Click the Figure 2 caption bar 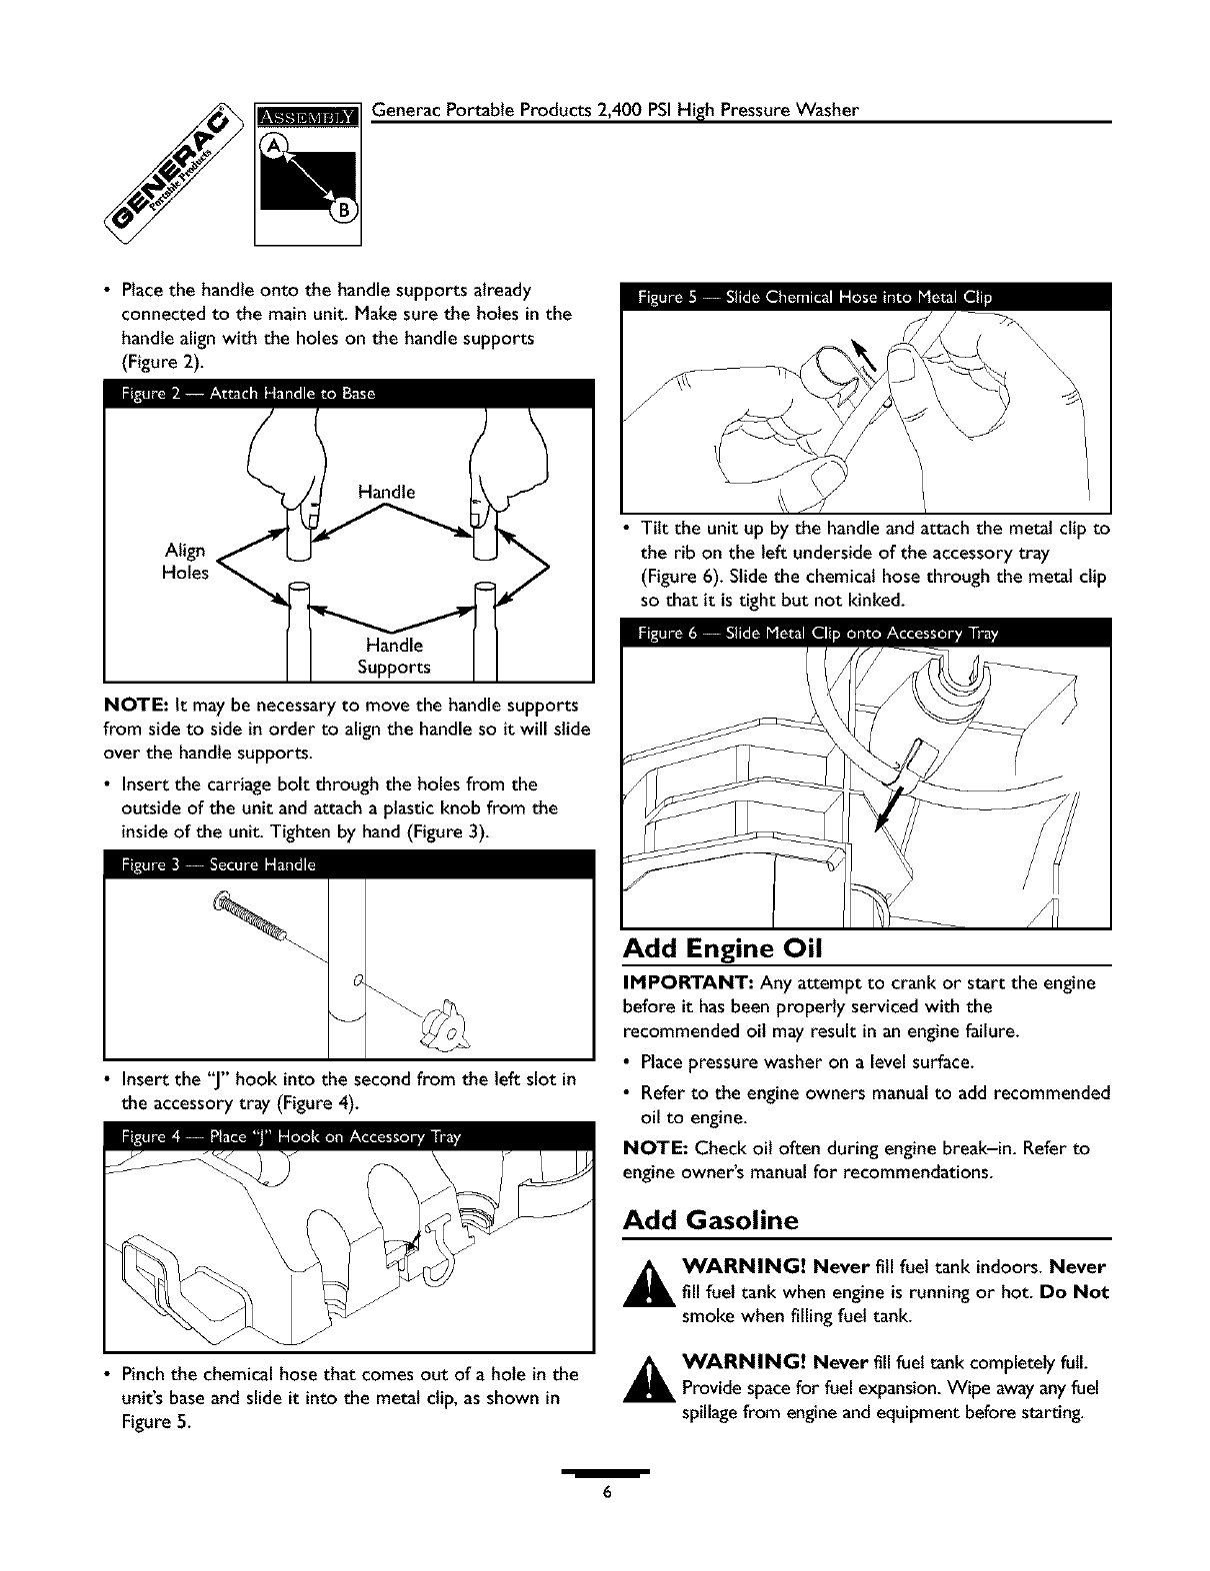point(349,394)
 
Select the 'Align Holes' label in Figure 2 point(185,562)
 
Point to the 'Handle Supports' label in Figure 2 point(394,656)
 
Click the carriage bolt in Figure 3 point(249,917)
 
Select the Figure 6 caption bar point(866,633)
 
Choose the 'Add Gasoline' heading point(710,1220)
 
